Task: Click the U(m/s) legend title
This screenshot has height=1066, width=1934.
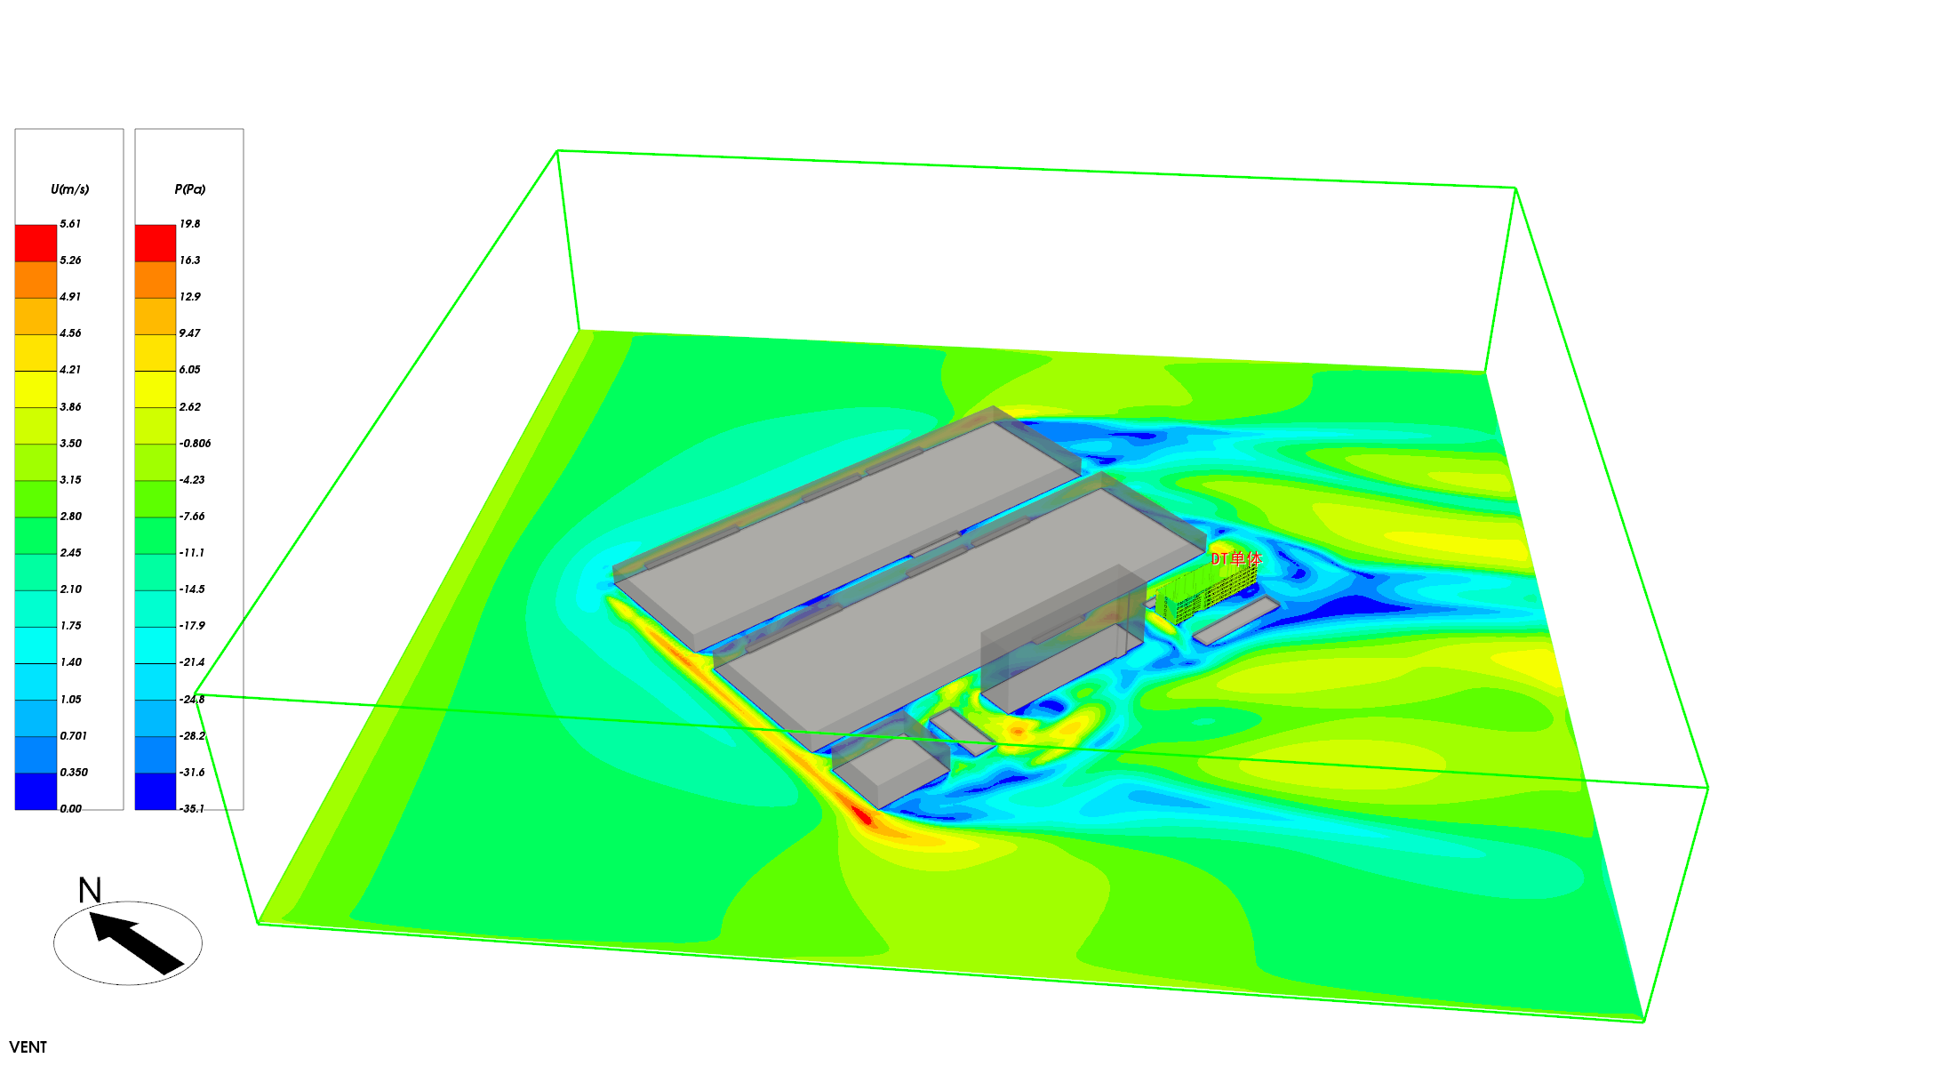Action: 69,189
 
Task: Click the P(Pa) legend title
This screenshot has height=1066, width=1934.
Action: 190,189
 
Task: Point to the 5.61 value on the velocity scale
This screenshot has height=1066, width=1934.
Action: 70,224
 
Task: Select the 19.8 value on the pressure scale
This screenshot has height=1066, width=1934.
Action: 190,224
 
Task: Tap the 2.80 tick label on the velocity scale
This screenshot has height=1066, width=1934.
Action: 70,517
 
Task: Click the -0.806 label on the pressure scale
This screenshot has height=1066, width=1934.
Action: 195,444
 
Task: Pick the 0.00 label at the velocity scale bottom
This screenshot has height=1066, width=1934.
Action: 70,809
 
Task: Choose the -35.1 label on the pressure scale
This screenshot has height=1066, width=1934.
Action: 192,809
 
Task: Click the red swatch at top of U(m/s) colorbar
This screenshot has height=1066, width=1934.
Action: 36,243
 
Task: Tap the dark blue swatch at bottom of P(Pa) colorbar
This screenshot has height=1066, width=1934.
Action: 156,791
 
